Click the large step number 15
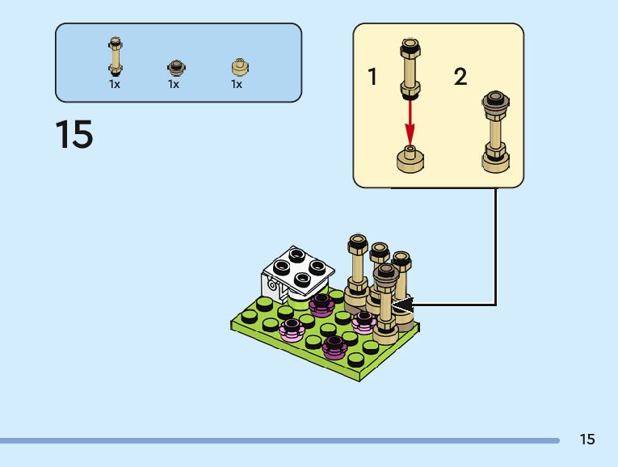pos(74,134)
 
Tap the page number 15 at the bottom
pos(586,440)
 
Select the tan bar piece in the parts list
pos(116,57)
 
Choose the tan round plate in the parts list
pos(238,67)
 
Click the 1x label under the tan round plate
pos(237,84)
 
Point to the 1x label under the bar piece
pos(115,84)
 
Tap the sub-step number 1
pos(372,78)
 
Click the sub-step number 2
pos(460,78)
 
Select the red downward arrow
pos(410,117)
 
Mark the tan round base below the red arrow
pos(410,159)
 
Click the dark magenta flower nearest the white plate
pos(321,304)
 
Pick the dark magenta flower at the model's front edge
pos(334,347)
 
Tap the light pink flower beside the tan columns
pos(364,322)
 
